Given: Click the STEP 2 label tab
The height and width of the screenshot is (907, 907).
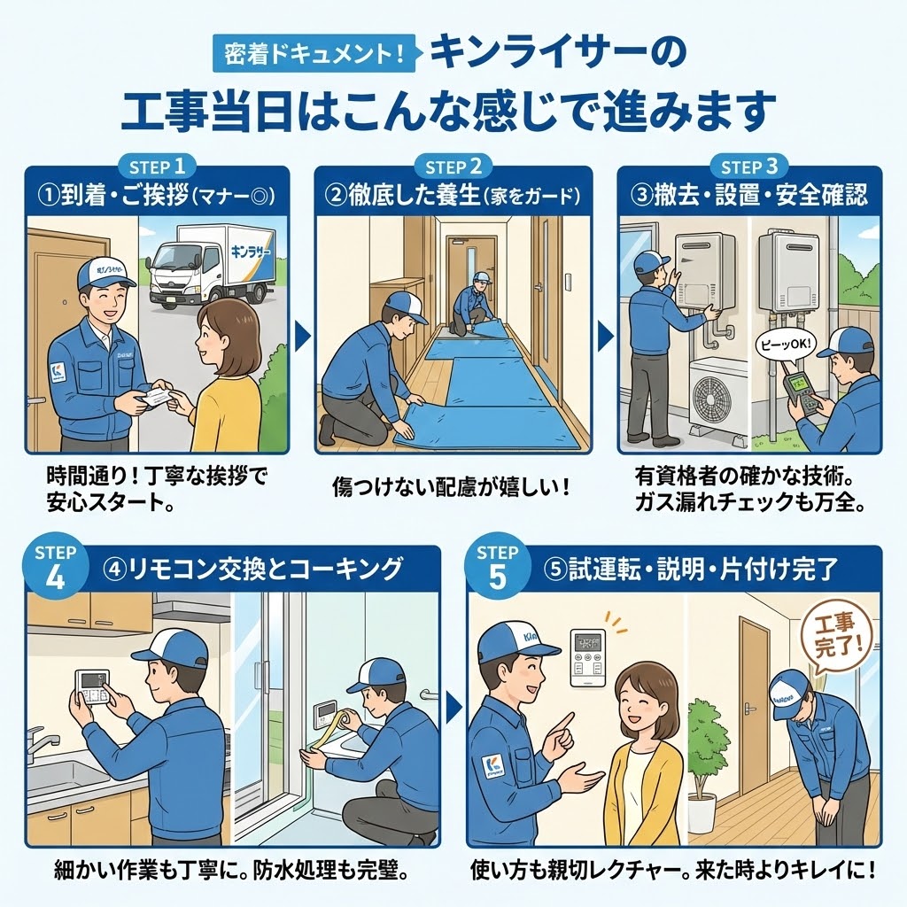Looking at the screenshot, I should pos(453,166).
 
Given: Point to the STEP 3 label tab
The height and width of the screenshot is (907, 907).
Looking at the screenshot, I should pos(749,166).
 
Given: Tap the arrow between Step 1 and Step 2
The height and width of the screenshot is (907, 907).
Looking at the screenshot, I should pos(301,335).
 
